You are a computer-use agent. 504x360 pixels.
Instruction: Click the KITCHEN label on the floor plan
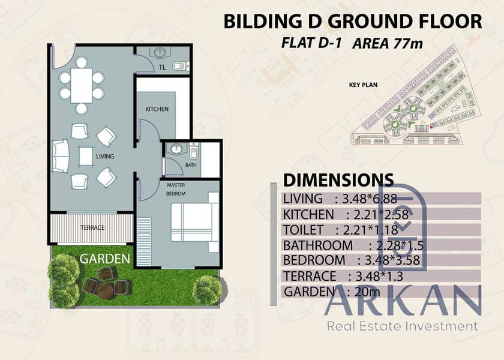click(157, 109)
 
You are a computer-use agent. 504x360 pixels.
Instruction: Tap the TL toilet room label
click(163, 67)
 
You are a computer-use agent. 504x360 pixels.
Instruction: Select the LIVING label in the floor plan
click(105, 156)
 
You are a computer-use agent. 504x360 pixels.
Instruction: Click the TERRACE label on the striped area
click(92, 227)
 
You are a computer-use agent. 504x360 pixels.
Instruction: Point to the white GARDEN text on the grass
click(105, 259)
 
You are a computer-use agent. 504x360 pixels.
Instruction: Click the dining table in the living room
click(82, 85)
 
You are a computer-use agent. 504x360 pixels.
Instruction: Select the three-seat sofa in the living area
click(61, 156)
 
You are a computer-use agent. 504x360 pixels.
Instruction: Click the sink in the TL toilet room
click(160, 52)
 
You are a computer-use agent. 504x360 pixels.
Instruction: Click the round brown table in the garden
click(105, 291)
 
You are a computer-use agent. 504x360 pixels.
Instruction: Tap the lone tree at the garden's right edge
click(208, 290)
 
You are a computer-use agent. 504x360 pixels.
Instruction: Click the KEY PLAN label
click(363, 85)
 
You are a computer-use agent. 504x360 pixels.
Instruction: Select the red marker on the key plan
click(430, 127)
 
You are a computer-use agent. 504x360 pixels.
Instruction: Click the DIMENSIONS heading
click(338, 180)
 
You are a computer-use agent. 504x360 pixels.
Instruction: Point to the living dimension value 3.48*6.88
click(370, 199)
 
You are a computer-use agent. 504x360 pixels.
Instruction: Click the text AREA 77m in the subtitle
click(388, 44)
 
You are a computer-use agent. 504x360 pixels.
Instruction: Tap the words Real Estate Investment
click(403, 326)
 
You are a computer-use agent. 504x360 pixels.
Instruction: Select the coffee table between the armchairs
click(86, 157)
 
